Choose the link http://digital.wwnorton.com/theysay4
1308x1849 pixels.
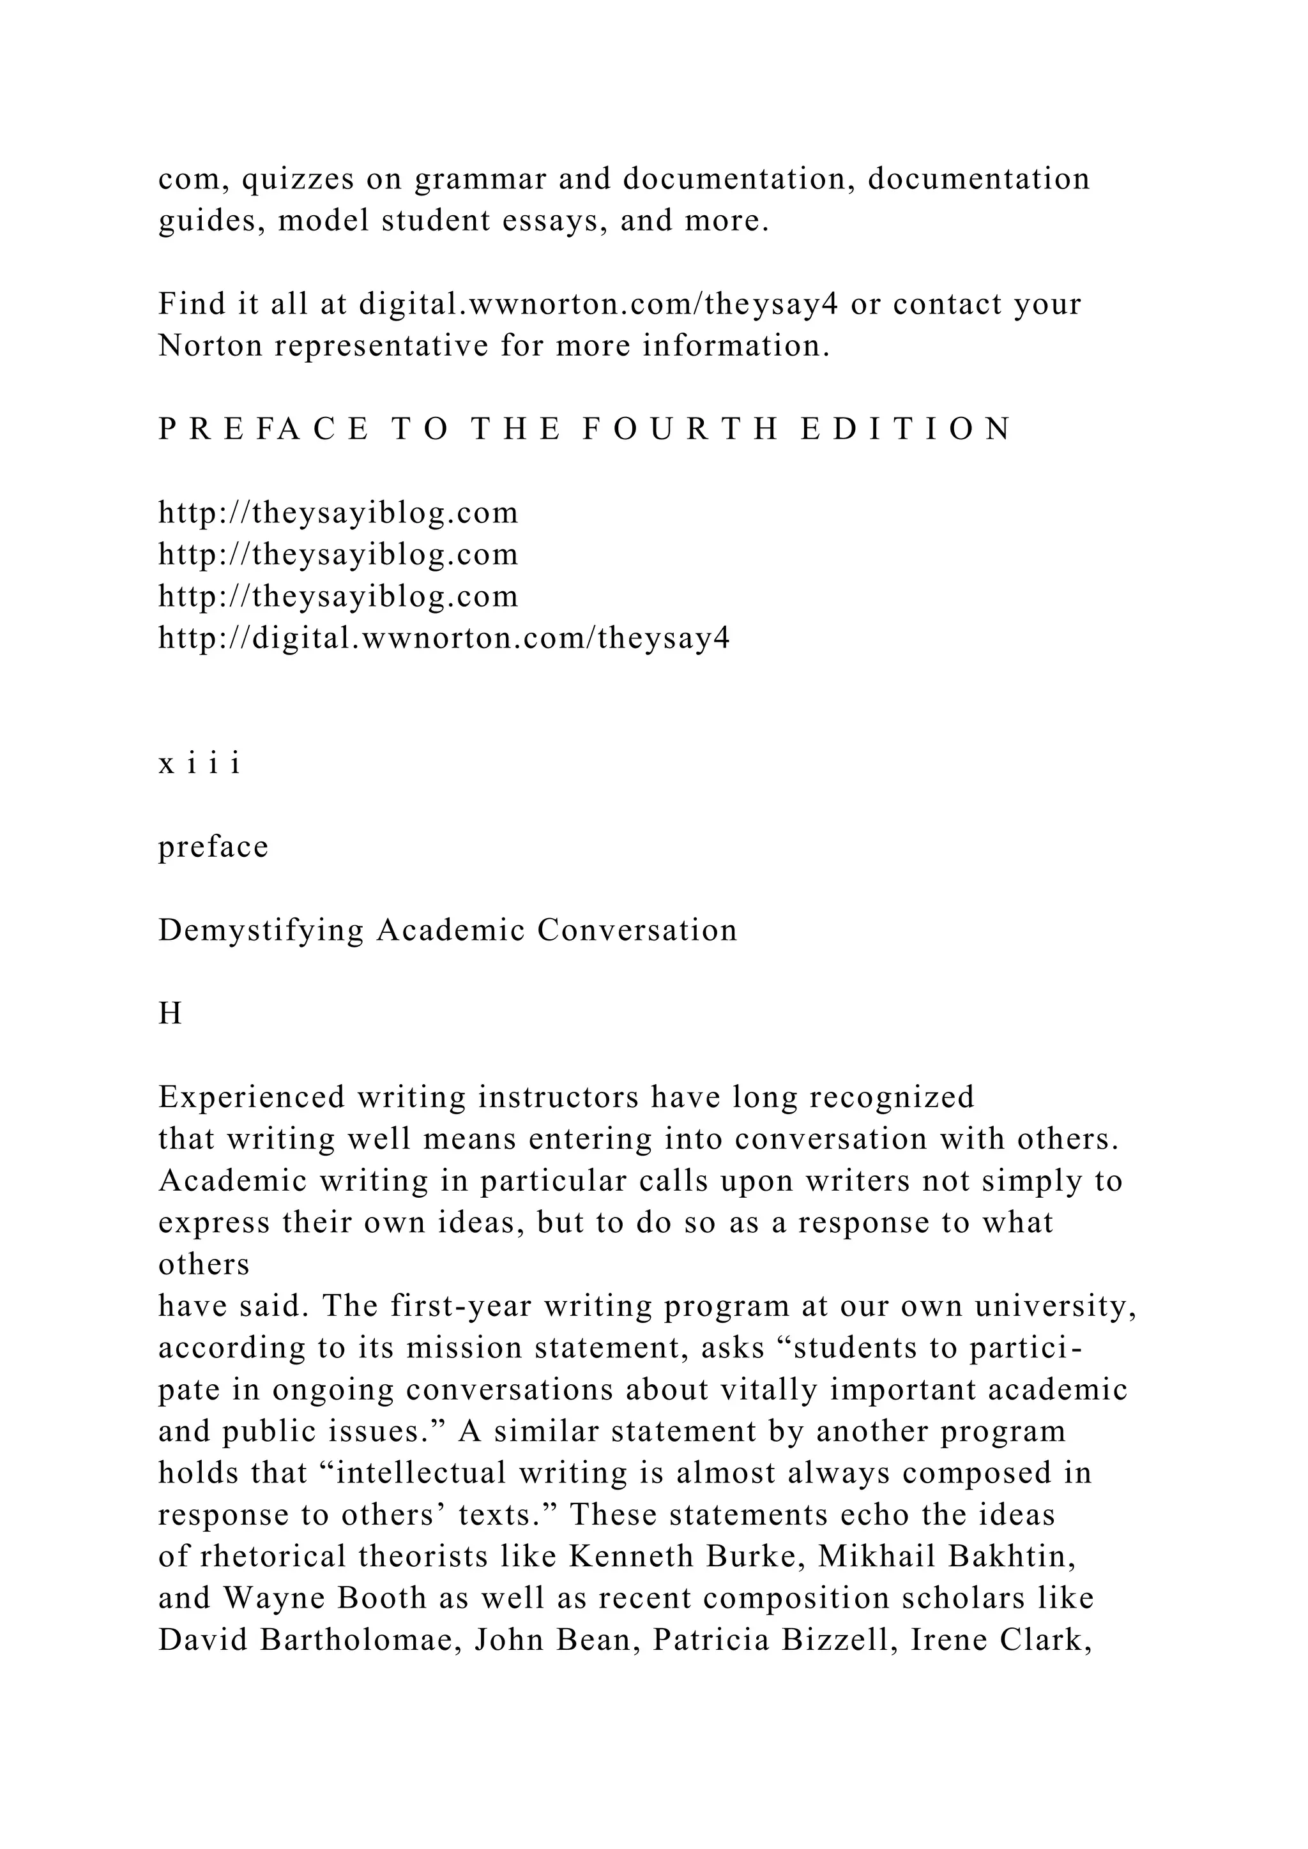[x=444, y=638]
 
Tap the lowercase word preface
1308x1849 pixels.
[x=213, y=847]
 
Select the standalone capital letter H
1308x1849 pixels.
[x=170, y=1014]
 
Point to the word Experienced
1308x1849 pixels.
[x=251, y=1098]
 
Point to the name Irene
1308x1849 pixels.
[x=947, y=1640]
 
